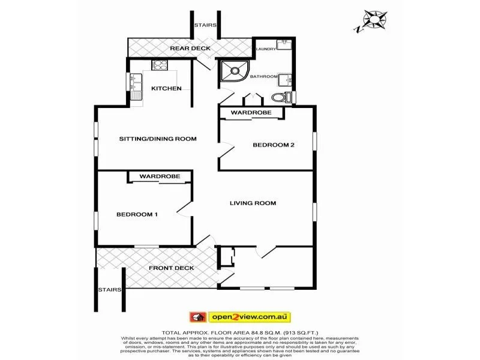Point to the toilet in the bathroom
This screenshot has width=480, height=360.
coord(280,98)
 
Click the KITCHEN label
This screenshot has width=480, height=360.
coord(166,88)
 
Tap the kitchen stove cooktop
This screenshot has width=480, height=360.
coord(160,65)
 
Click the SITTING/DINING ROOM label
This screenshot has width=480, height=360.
coord(158,139)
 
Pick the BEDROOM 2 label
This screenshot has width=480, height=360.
coord(274,145)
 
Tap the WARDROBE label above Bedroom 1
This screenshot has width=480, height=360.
coord(160,176)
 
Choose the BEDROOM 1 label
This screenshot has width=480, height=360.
coord(137,214)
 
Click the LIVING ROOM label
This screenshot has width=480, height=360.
coord(253,203)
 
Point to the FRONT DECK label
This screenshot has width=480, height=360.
coord(172,268)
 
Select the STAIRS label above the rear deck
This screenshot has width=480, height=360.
coord(205,25)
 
